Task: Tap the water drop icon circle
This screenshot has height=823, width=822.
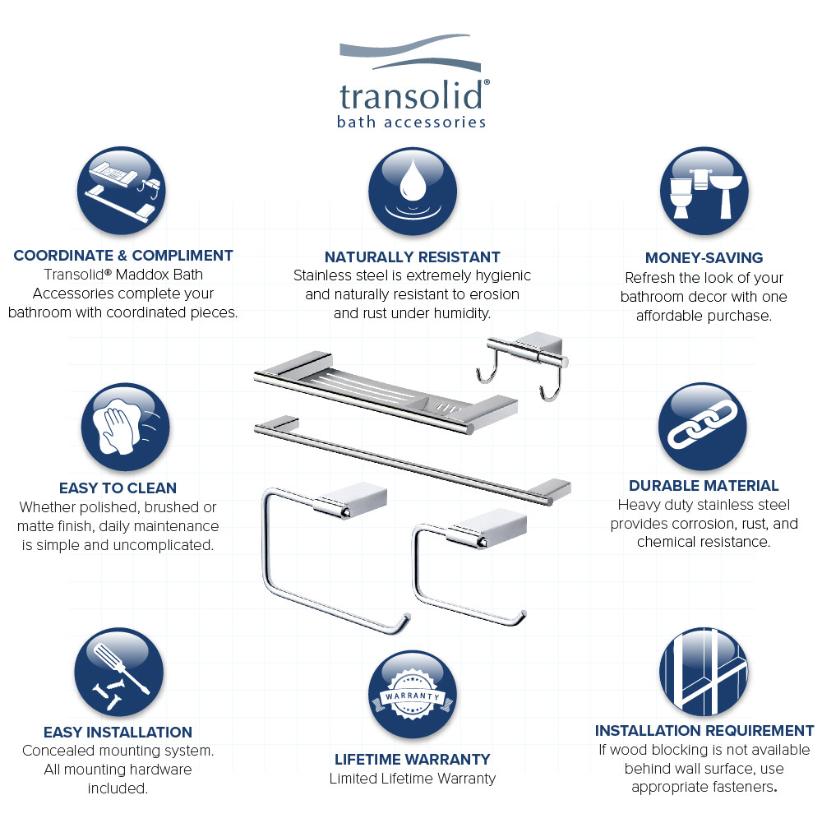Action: (x=412, y=192)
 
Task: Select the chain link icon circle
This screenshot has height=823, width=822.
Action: (x=702, y=427)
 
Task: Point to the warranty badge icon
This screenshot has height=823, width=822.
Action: (x=412, y=696)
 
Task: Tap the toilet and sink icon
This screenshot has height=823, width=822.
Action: (x=705, y=192)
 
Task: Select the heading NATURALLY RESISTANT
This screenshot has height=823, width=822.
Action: (x=412, y=257)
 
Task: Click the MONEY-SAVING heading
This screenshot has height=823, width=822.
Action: (x=704, y=258)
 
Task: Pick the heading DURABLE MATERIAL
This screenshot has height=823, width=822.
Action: (x=704, y=486)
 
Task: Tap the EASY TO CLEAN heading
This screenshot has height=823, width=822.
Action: (x=118, y=488)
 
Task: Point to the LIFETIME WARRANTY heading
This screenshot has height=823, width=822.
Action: (x=412, y=759)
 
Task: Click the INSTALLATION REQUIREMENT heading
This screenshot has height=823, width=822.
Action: (x=704, y=731)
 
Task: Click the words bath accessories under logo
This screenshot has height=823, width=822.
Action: (x=411, y=123)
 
